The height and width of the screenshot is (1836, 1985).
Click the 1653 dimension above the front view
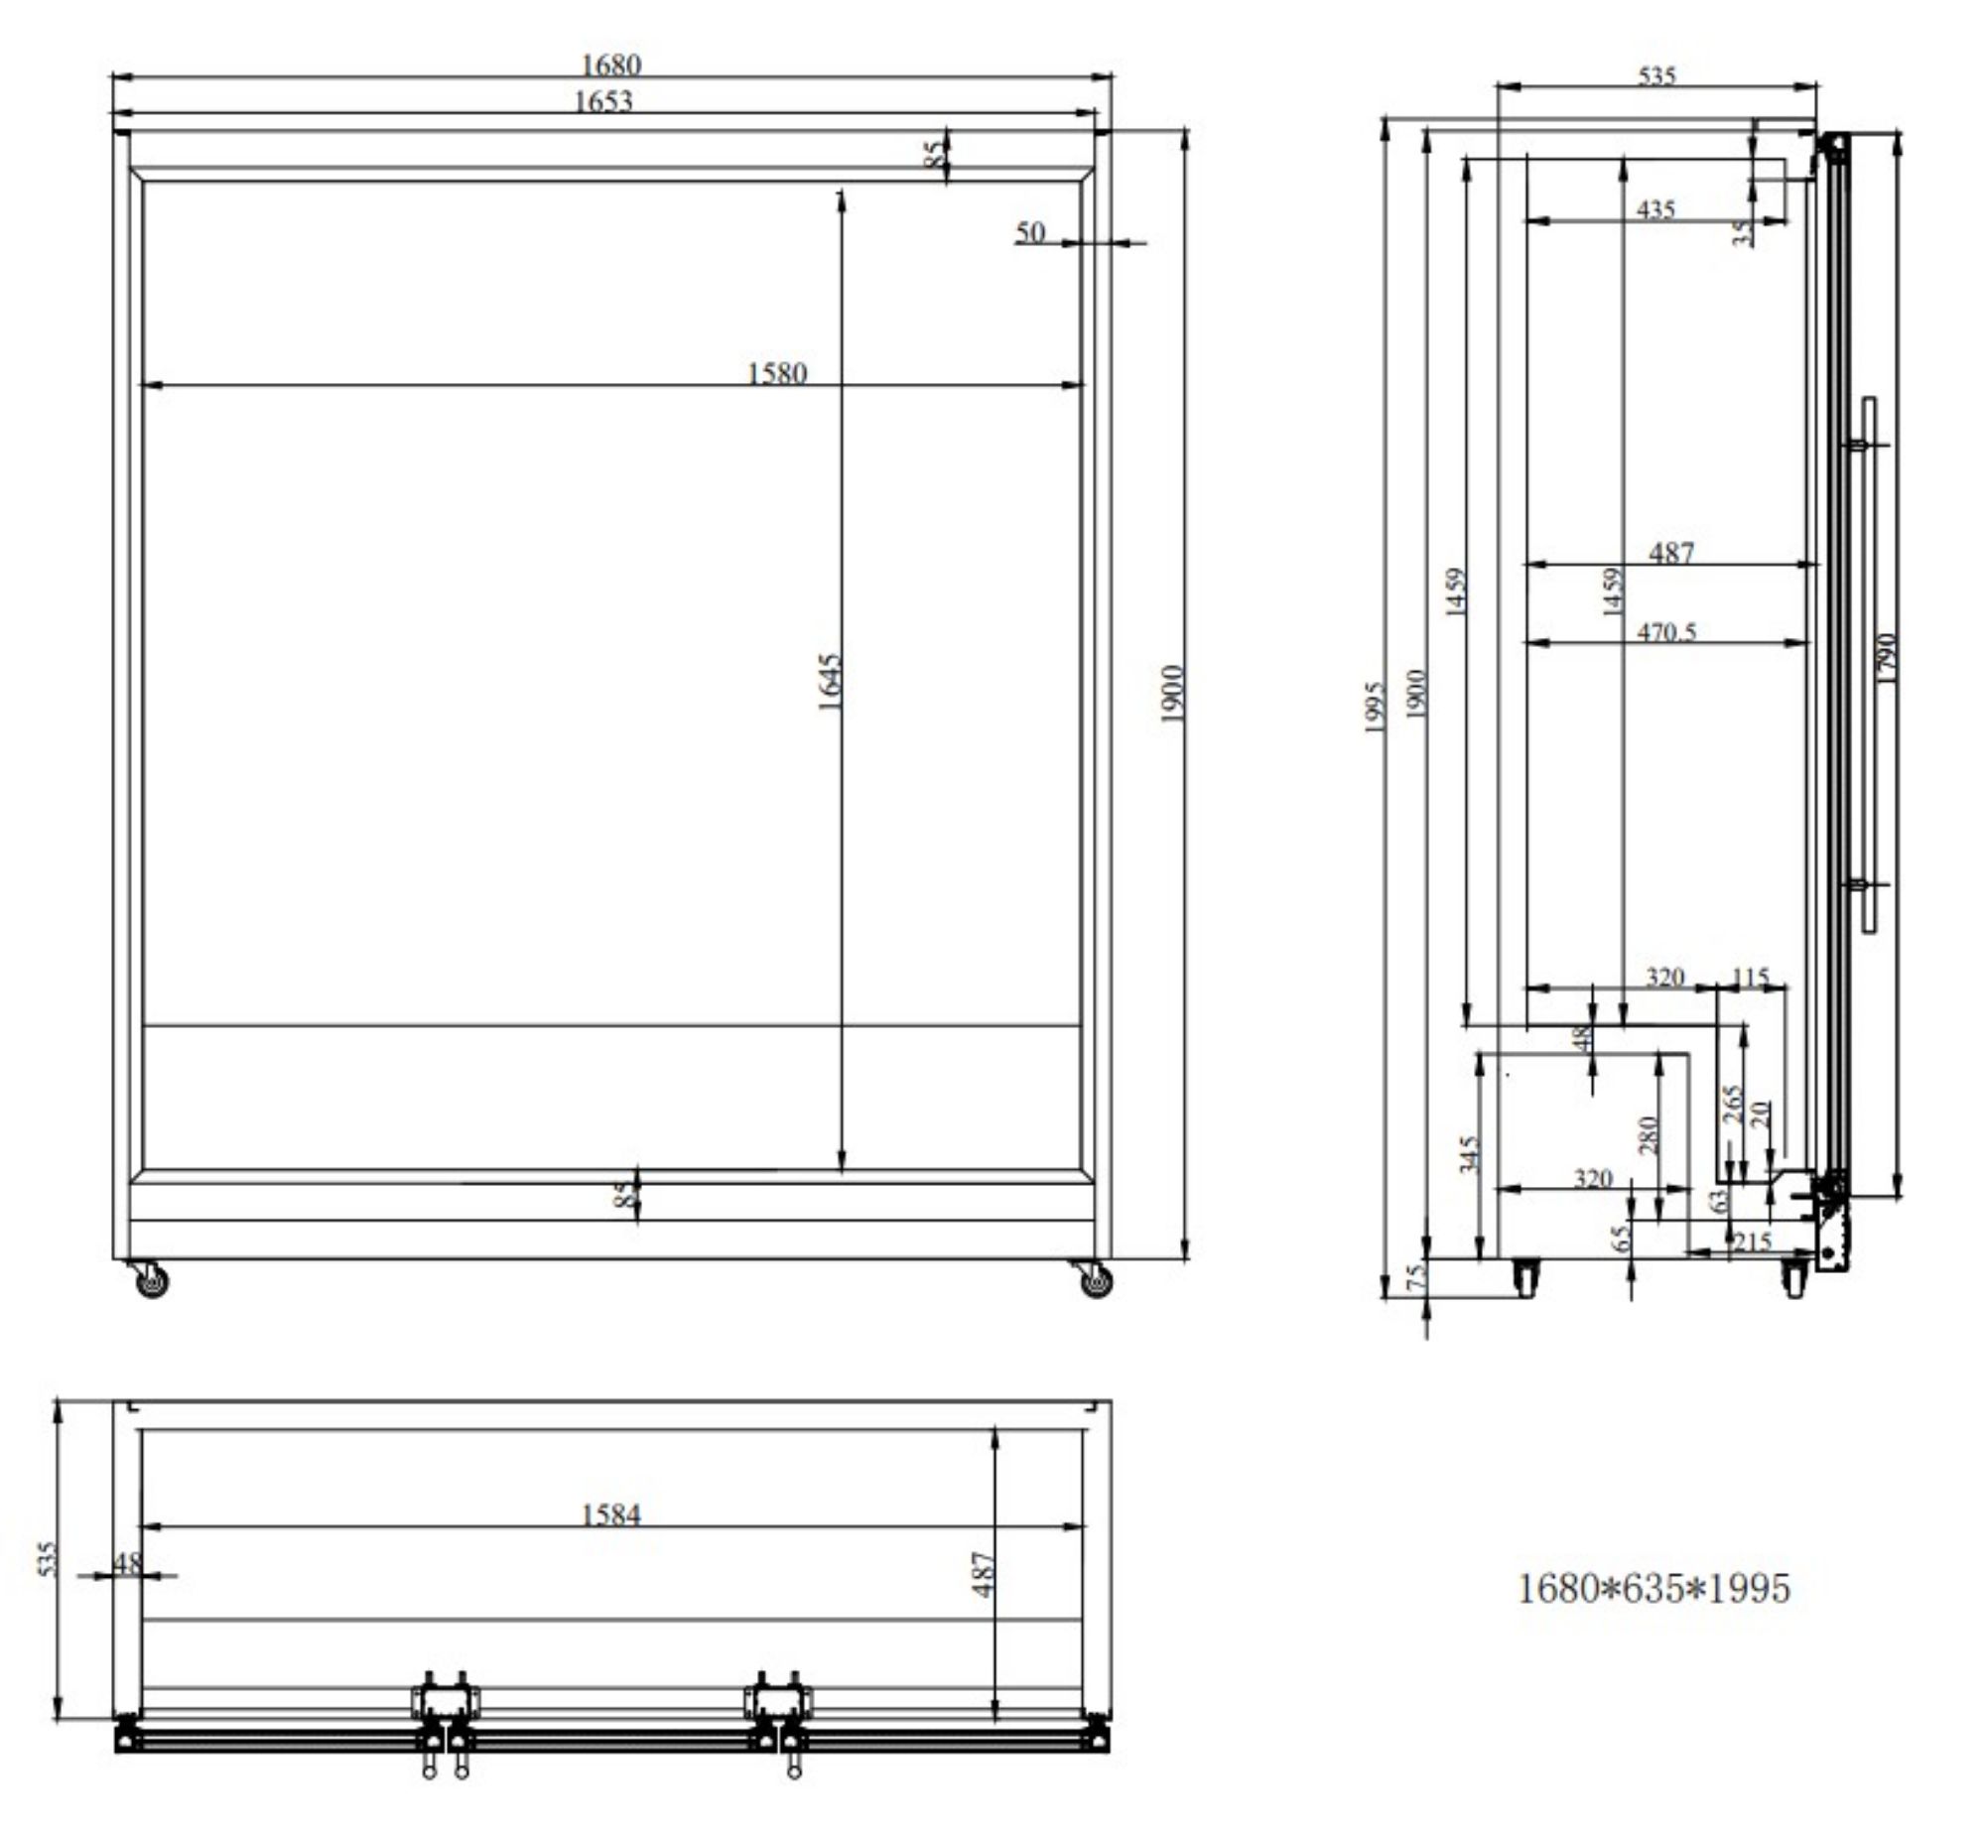[x=603, y=101]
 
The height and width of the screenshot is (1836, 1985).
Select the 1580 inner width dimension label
[x=776, y=373]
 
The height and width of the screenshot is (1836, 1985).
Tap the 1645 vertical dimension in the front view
[x=830, y=682]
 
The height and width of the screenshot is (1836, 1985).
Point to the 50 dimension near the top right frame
[x=1030, y=232]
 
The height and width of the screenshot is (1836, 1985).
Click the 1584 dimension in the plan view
[x=610, y=1515]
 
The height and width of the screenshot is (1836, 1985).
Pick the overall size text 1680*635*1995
[x=1654, y=1588]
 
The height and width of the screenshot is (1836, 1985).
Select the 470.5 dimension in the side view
[x=1666, y=632]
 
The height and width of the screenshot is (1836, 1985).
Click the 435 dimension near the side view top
[x=1655, y=209]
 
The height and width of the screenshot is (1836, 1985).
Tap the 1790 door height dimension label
[x=1888, y=658]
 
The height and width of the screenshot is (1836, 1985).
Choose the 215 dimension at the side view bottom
[x=1752, y=1242]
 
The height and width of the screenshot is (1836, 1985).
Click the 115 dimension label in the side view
[x=1751, y=978]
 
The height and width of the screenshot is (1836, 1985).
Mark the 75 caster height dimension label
[x=1416, y=1276]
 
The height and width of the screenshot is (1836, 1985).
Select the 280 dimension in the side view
[x=1649, y=1134]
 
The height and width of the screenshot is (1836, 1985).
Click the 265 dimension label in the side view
[x=1732, y=1105]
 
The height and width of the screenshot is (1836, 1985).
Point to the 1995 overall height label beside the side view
[x=1374, y=708]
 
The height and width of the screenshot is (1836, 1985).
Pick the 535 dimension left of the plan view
[x=47, y=1559]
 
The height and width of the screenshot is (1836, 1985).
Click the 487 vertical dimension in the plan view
[x=983, y=1574]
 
